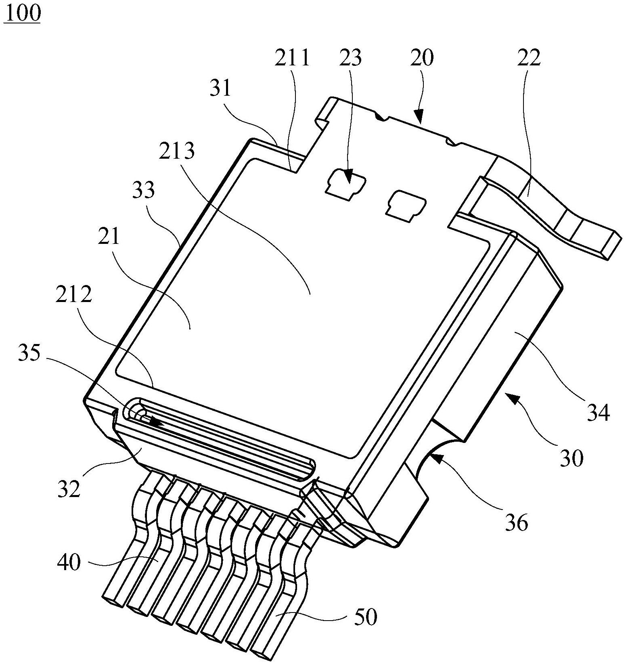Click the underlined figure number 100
coord(23,13)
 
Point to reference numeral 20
coord(422,58)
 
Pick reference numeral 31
coord(220,88)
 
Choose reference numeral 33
coord(143,190)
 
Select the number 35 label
coord(29,354)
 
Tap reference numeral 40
coord(69,562)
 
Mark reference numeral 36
coord(516,523)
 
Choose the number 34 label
coord(597,413)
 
